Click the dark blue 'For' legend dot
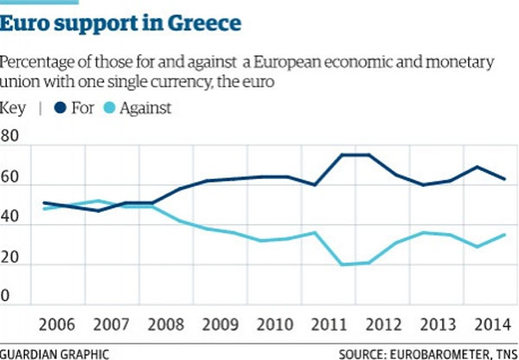[59, 108]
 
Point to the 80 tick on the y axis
[11, 138]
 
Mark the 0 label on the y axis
[7, 297]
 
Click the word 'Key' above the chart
[14, 108]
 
